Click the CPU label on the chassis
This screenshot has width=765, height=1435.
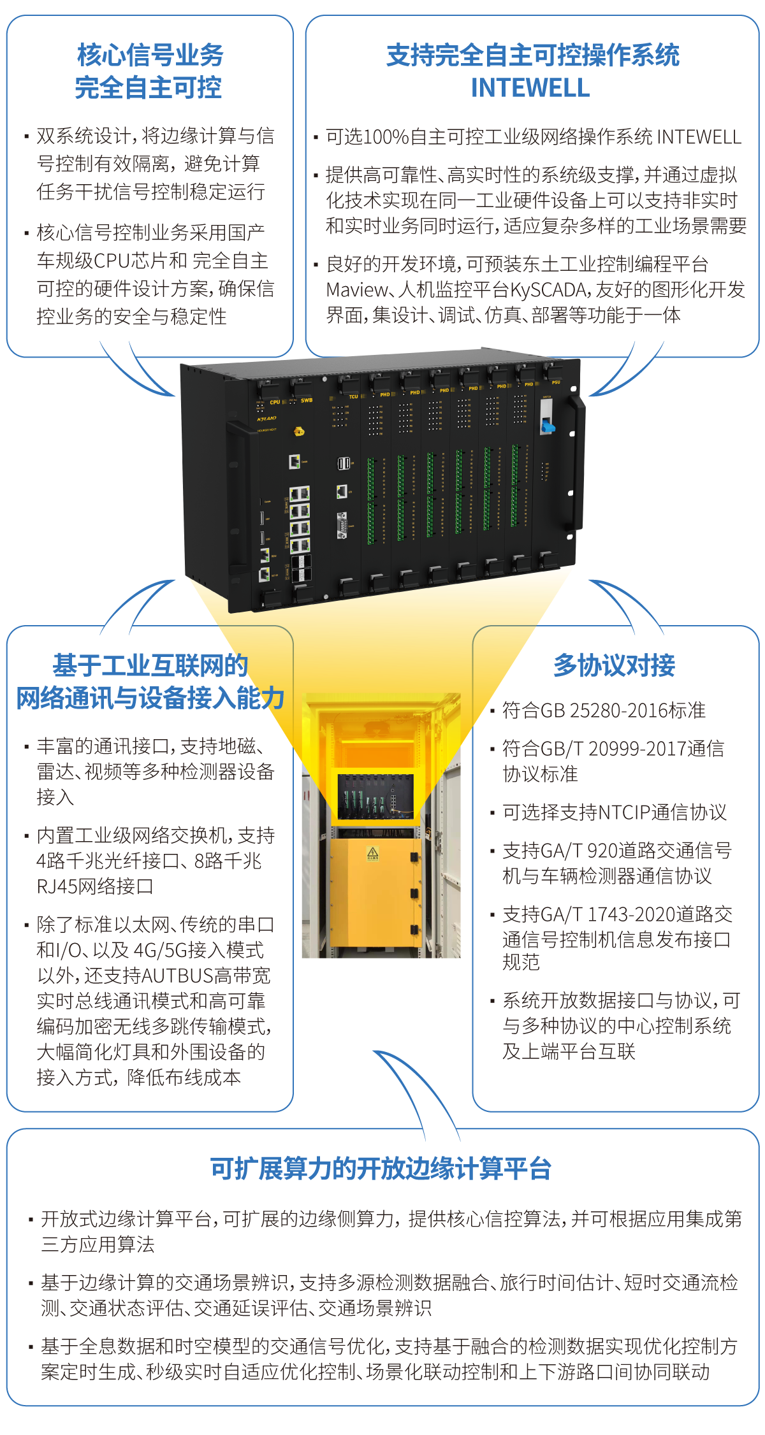coord(275,402)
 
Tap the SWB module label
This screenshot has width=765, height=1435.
coord(307,400)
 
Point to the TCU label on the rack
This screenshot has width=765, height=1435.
coord(353,396)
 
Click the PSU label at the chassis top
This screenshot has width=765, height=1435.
coord(556,382)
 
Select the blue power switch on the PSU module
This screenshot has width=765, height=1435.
coord(547,425)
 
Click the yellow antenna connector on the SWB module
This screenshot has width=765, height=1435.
coord(298,431)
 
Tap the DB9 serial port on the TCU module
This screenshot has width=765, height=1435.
coord(342,525)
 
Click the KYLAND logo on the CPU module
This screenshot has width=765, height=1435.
coord(266,419)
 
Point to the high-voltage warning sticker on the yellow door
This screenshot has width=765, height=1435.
coord(373,853)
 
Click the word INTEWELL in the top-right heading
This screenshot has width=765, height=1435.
coord(530,88)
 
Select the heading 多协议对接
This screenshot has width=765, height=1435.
coord(614,665)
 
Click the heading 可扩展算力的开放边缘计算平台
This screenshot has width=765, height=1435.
coord(381,1169)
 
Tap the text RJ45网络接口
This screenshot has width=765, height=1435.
coord(94,886)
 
